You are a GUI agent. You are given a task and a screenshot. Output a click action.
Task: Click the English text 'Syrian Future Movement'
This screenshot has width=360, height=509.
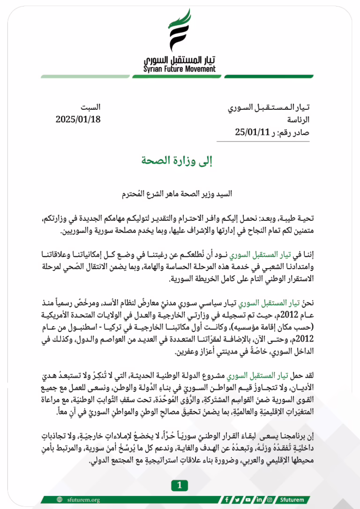click(x=180, y=69)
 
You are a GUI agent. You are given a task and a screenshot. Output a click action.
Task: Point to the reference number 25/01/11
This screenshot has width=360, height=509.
click(x=250, y=132)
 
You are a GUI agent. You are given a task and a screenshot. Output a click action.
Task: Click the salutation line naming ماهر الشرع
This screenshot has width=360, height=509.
click(x=180, y=193)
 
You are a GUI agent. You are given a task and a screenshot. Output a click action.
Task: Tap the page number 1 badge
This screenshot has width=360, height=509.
click(x=180, y=486)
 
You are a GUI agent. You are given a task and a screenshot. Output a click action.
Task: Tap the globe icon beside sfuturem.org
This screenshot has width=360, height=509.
click(x=60, y=500)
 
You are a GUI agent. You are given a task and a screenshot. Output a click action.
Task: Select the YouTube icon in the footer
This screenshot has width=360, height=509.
click(x=248, y=500)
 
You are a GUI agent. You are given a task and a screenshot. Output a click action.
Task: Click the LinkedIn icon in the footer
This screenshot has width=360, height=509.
click(x=259, y=500)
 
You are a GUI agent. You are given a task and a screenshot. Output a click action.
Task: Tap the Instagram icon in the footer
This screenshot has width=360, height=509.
click(x=269, y=500)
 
